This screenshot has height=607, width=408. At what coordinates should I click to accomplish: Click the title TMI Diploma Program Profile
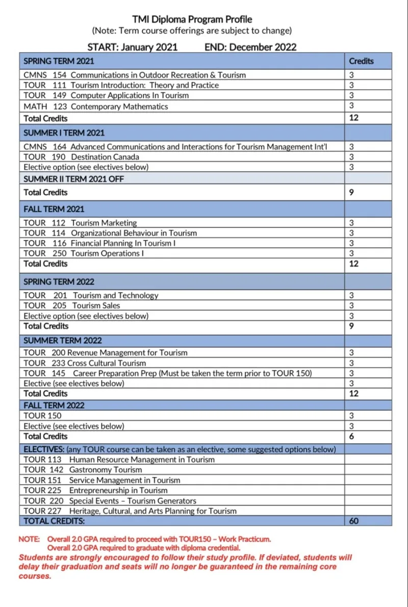click(192, 19)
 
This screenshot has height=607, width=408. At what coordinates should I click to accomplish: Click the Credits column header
click(361, 61)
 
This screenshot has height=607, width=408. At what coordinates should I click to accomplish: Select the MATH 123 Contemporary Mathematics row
click(96, 107)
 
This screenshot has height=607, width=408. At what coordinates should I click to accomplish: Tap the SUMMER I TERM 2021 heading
click(64, 133)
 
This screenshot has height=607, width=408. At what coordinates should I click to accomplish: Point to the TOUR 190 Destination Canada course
click(81, 157)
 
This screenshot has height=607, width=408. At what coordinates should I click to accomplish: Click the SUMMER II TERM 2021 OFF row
click(73, 179)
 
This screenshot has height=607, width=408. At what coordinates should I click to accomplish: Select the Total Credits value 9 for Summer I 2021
click(351, 192)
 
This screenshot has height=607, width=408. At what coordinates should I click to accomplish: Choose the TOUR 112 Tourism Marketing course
click(80, 223)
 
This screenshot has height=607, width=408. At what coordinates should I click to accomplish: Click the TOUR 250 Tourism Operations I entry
click(84, 253)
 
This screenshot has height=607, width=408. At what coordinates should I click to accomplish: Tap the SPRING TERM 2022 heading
click(59, 281)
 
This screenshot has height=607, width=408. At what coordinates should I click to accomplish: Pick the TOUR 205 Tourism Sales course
click(72, 305)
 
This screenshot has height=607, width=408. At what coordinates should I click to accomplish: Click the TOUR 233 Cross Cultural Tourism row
click(85, 363)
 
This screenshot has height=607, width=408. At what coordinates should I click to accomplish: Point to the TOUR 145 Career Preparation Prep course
click(167, 373)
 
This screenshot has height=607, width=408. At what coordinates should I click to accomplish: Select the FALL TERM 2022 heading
click(54, 405)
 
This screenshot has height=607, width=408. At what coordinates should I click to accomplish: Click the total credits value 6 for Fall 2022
click(351, 436)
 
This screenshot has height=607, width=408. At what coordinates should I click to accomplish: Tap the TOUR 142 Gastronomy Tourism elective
click(83, 470)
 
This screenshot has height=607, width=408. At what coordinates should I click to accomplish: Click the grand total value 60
click(353, 521)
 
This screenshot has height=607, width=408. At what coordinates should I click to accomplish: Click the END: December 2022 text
click(250, 47)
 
